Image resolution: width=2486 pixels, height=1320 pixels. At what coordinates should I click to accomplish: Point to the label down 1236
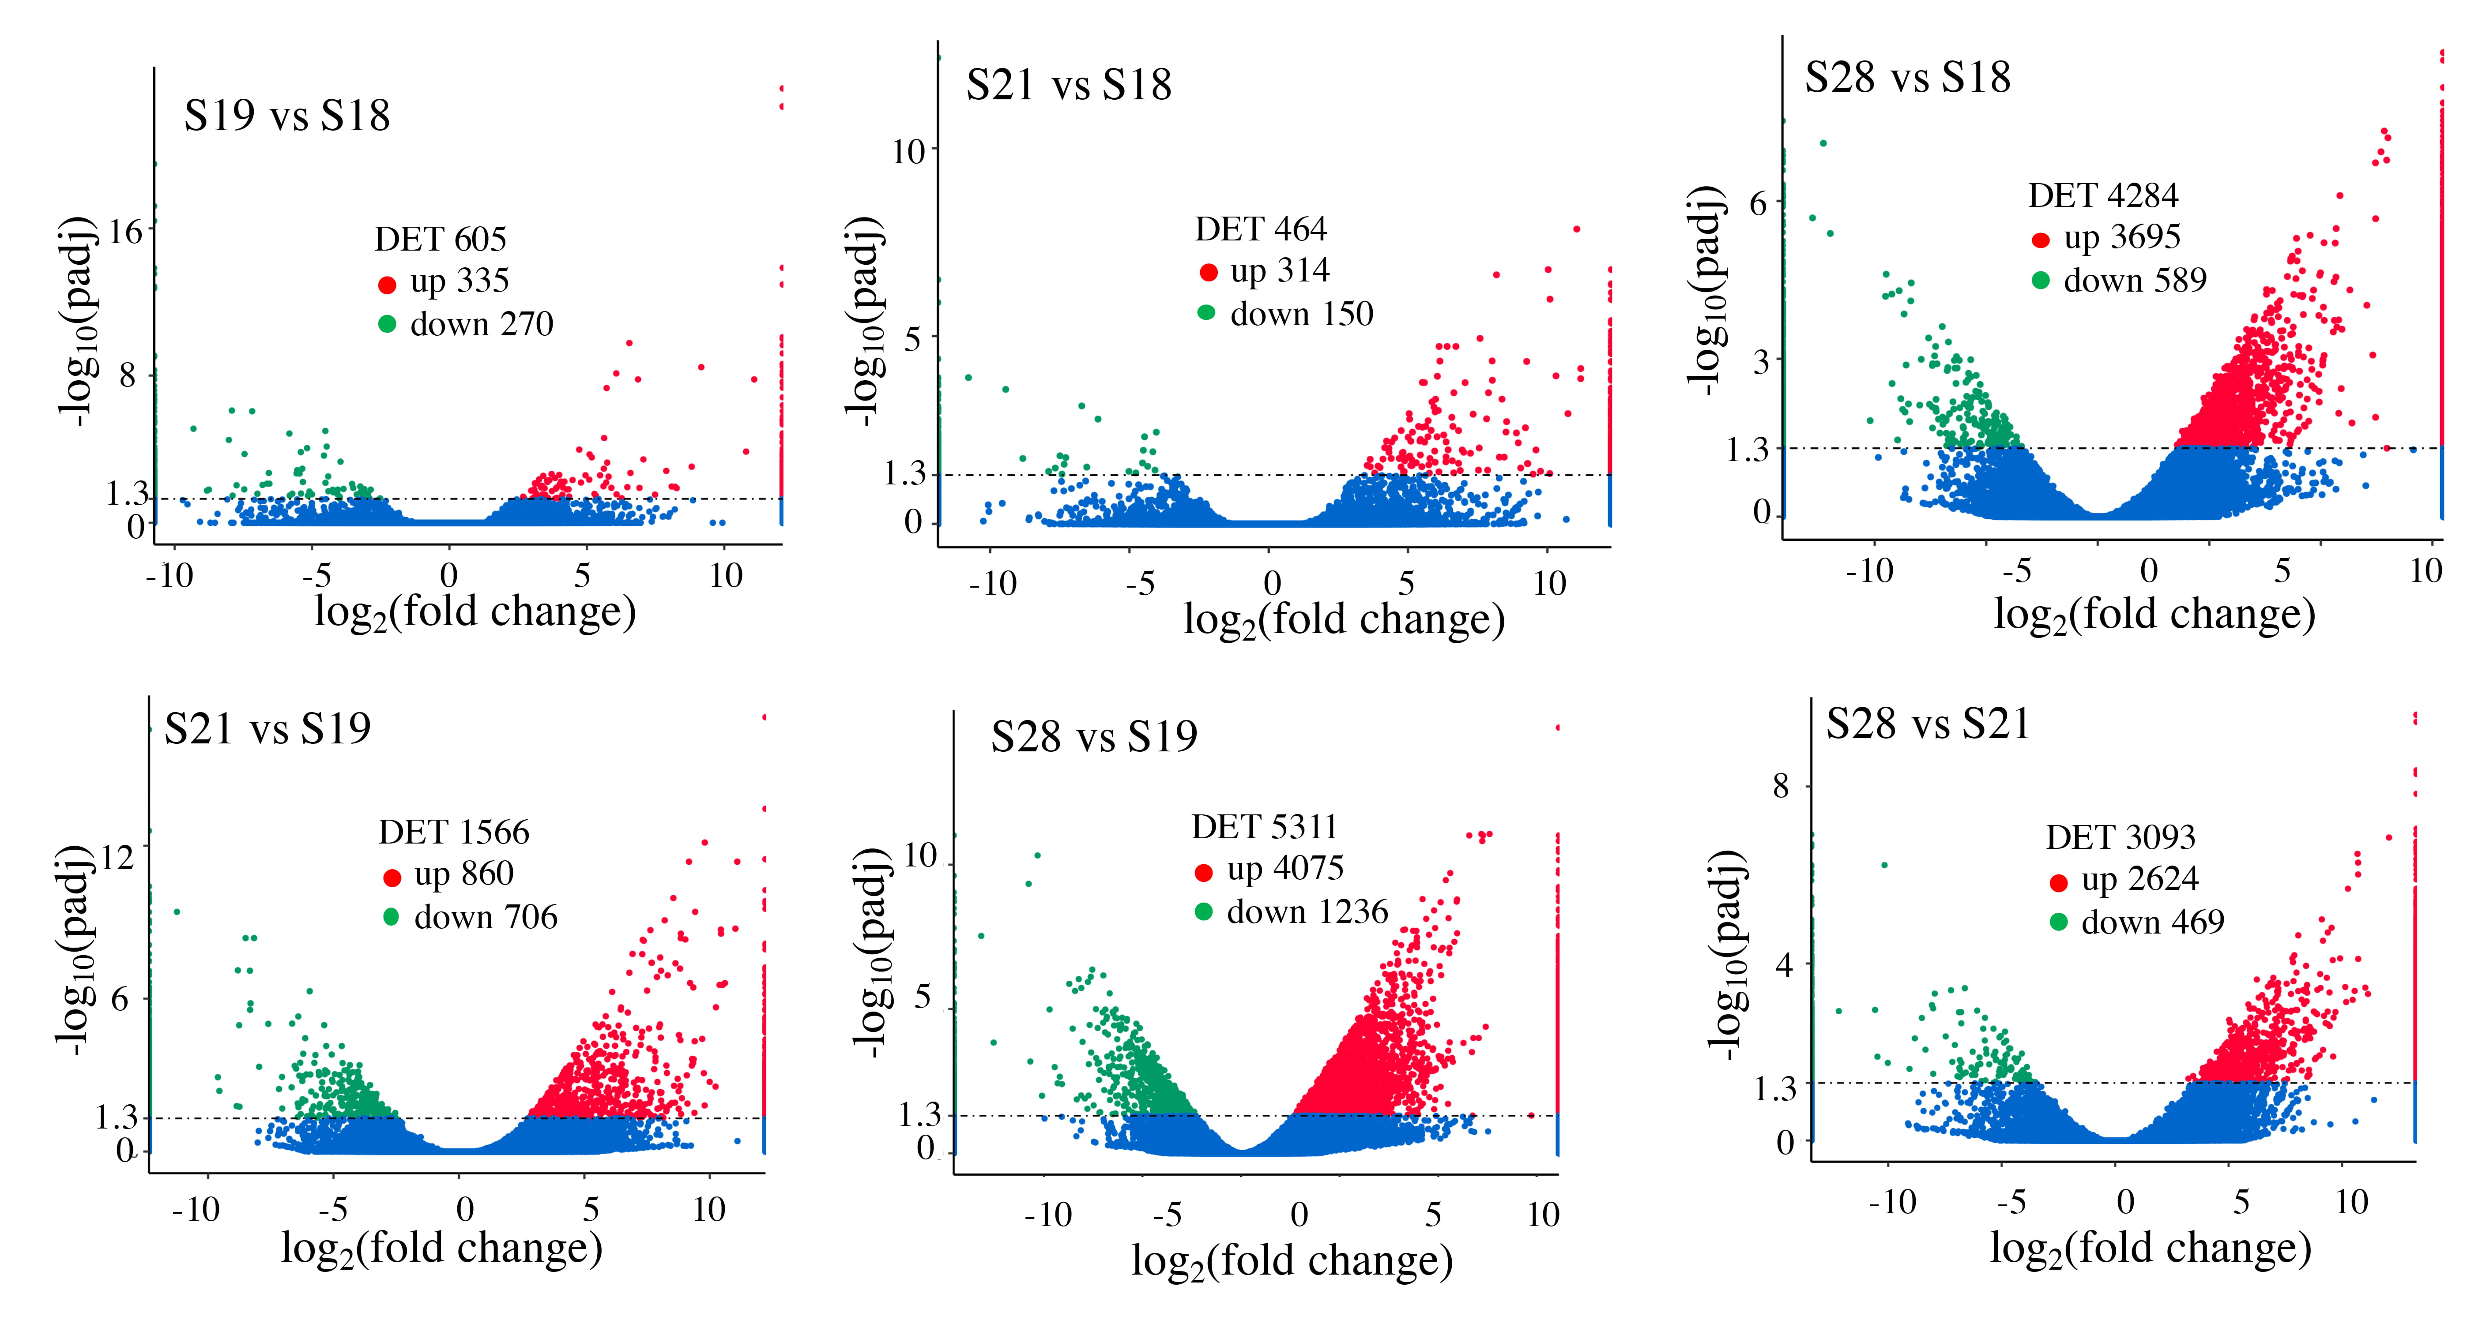1307,912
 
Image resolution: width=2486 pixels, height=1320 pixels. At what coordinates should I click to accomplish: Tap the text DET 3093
2120,836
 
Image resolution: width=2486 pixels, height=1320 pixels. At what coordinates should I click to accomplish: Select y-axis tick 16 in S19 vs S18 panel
125,232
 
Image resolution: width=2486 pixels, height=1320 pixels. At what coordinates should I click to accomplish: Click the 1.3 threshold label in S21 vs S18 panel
904,474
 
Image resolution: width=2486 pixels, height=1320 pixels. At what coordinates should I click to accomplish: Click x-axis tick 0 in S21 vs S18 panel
1272,584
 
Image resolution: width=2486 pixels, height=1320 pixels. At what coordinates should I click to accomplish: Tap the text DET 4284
2103,196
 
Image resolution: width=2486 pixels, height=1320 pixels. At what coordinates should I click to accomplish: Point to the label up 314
1280,271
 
